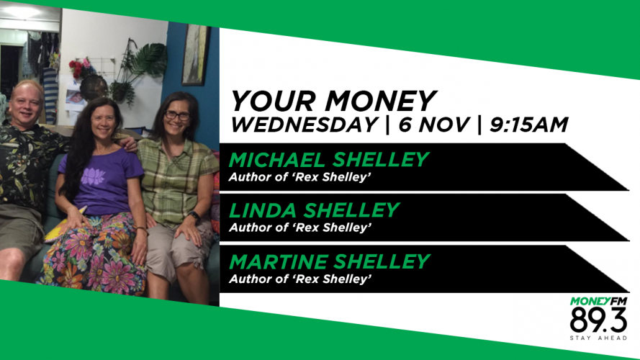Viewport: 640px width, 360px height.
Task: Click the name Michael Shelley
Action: tap(328, 160)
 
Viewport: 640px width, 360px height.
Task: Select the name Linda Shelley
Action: tap(314, 211)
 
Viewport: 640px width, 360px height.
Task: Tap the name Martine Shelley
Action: tap(330, 262)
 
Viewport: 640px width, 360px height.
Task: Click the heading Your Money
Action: tap(333, 101)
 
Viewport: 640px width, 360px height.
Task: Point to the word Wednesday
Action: tap(304, 125)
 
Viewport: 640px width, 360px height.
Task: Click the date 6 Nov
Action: tap(434, 125)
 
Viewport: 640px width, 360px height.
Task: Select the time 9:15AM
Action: tap(529, 125)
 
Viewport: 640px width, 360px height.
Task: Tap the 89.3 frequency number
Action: tap(598, 320)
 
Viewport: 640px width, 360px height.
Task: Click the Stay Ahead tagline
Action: tap(598, 338)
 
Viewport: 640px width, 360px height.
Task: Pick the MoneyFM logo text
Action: tap(598, 302)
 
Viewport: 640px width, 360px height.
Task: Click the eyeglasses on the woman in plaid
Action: tap(177, 116)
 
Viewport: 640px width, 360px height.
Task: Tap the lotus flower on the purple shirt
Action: tap(93, 176)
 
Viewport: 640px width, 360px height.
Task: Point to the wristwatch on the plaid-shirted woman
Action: tap(194, 216)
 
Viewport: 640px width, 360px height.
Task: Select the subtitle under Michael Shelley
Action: tap(300, 177)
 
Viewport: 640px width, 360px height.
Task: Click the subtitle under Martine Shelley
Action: tap(300, 279)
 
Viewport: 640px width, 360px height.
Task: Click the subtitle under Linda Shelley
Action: tap(300, 228)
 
